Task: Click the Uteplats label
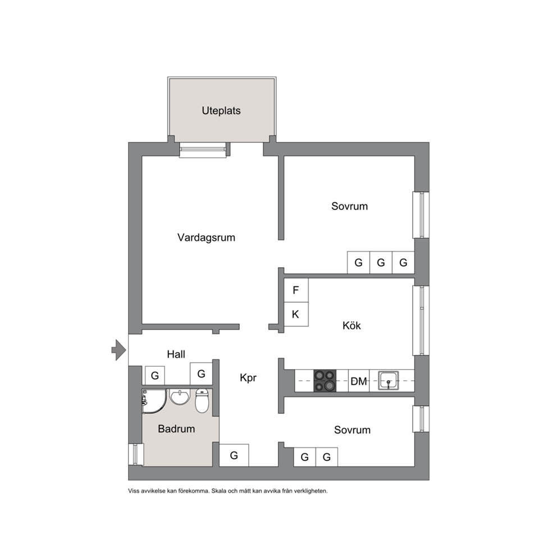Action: (221, 111)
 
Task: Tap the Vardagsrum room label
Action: (207, 238)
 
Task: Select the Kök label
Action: (351, 326)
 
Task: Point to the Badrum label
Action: (176, 429)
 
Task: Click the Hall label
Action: (176, 354)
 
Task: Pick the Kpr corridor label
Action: (248, 378)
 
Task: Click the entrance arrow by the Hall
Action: (118, 350)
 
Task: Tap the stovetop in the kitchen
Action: (325, 381)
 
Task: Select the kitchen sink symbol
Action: (388, 381)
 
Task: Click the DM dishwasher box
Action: (359, 381)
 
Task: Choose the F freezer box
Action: (296, 290)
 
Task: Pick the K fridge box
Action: (296, 314)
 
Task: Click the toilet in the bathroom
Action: (202, 401)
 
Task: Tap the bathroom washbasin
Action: (180, 397)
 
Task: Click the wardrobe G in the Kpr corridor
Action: (234, 455)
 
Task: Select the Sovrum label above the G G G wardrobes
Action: (350, 207)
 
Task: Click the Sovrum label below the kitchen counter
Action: (353, 430)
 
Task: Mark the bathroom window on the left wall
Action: (135, 454)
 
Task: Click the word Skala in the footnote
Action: (218, 491)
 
